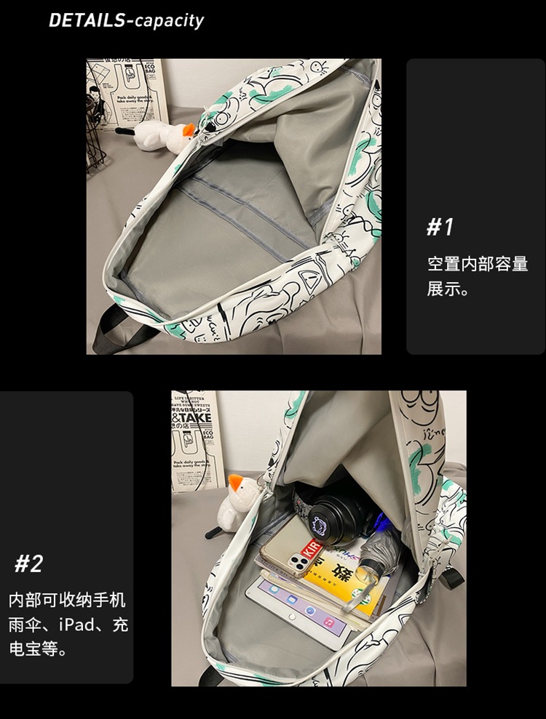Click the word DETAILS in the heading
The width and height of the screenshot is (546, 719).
click(x=86, y=20)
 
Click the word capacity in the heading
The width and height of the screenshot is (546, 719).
click(x=169, y=20)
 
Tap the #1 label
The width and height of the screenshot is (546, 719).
click(x=440, y=228)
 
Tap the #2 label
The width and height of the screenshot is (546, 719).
click(x=29, y=563)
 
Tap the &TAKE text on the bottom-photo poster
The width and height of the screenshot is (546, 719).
click(x=192, y=418)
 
